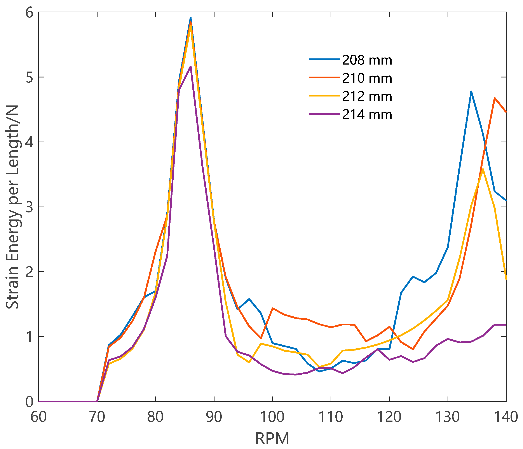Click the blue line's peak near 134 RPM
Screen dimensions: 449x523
[471, 91]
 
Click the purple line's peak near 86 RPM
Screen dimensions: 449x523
[191, 67]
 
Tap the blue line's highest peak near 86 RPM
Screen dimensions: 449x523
[191, 18]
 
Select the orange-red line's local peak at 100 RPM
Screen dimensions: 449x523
[272, 308]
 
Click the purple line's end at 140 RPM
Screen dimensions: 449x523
[506, 325]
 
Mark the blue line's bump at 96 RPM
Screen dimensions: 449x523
[249, 299]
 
